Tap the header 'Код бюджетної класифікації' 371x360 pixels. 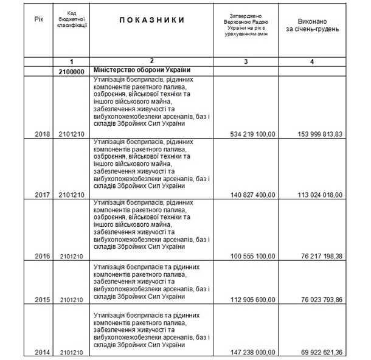click(72, 20)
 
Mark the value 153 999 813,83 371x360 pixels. click(317, 133)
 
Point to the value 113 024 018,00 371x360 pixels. click(317, 195)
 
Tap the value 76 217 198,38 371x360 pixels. click(319, 257)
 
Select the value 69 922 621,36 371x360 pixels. click(319, 351)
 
